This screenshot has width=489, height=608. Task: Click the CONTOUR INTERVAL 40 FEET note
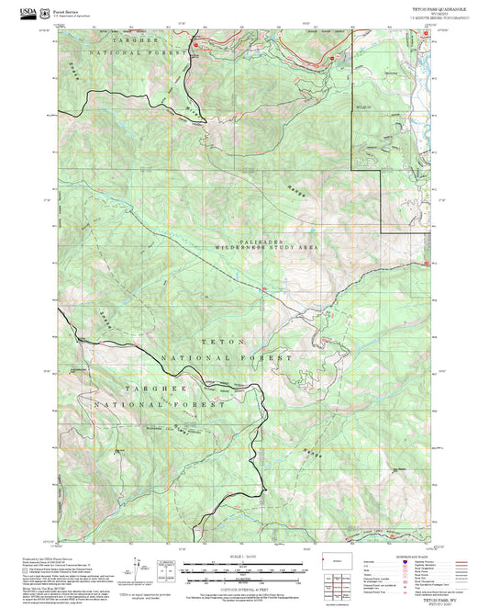click(x=244, y=577)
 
